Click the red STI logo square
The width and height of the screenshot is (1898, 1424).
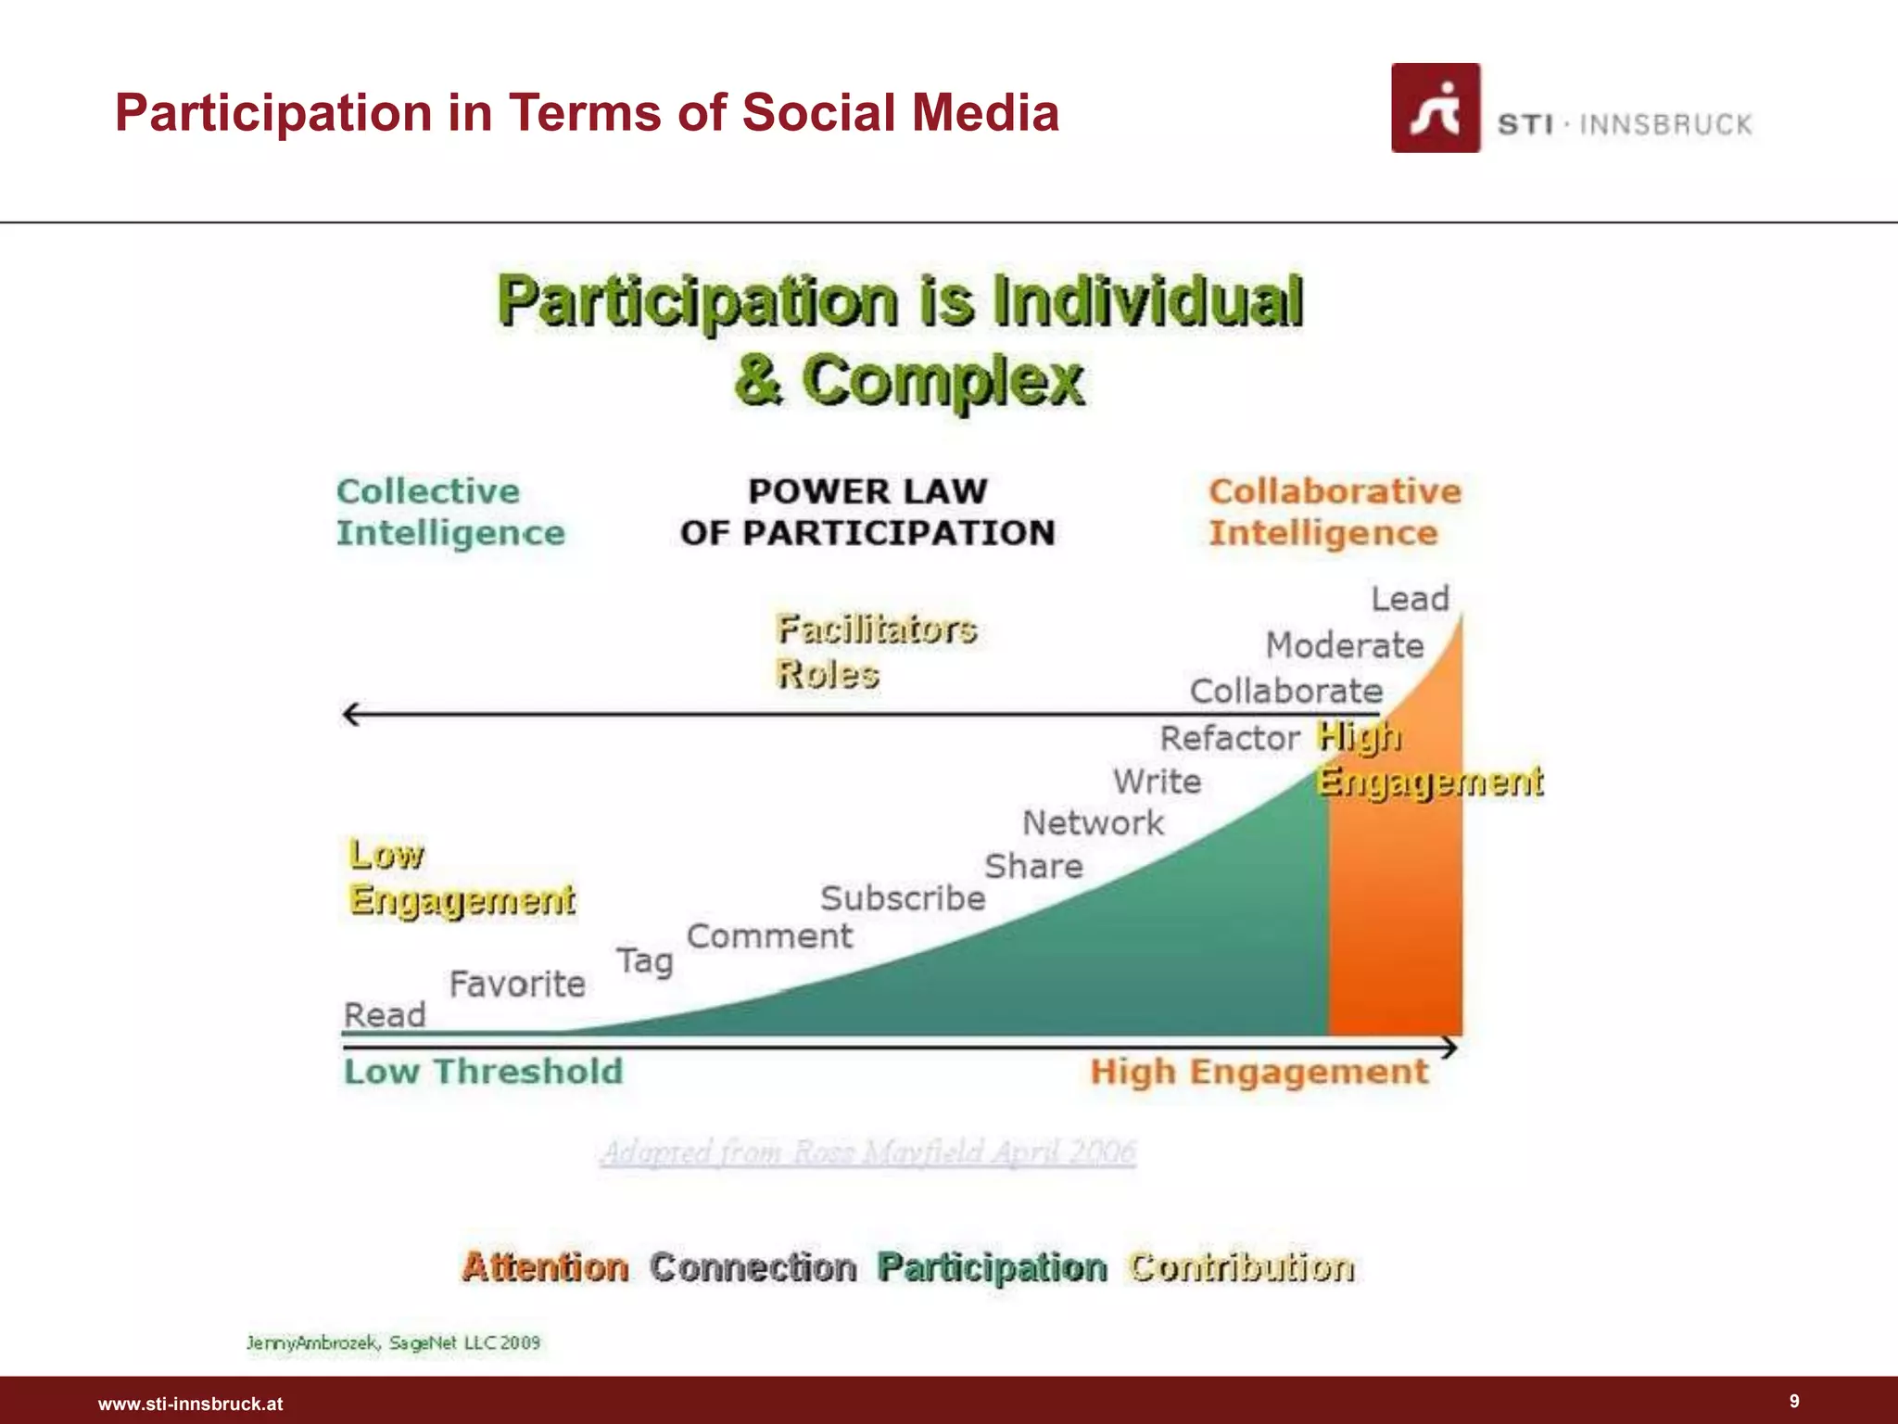pos(1435,108)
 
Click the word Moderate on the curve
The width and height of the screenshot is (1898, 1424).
pos(1344,645)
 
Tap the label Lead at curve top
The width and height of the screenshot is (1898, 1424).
pos(1410,599)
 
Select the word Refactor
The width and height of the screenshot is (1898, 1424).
pos(1230,738)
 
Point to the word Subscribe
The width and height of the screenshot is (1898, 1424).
pos(902,898)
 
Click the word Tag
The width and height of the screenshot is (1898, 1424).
pos(645,960)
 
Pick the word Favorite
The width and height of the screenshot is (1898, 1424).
pos(517,984)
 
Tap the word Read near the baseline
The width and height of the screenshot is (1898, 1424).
pos(385,1015)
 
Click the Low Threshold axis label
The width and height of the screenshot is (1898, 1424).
pos(483,1072)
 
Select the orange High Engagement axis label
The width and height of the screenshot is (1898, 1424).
pos(1259,1072)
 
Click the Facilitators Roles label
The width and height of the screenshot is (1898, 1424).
pos(875,651)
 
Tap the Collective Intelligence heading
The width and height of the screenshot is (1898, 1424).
pos(450,512)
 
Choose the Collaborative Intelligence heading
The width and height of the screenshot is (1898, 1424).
pos(1335,512)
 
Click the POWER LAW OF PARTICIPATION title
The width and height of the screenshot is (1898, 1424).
pos(867,512)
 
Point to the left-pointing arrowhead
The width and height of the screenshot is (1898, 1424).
pos(350,714)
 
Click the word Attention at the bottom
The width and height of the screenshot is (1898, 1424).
pos(545,1266)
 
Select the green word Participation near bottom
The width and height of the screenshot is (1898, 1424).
pos(992,1266)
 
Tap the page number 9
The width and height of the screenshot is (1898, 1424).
pos(1794,1401)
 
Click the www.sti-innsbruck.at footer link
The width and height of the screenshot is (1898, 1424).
pos(190,1404)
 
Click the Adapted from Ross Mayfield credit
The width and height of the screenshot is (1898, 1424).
pos(867,1152)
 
